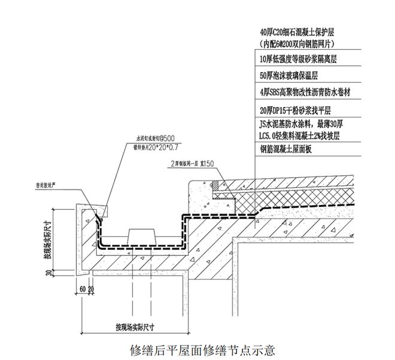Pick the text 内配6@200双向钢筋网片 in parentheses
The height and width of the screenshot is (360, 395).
click(x=297, y=44)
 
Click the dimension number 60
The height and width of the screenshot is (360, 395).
click(x=82, y=289)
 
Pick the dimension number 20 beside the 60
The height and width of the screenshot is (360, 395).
click(x=92, y=289)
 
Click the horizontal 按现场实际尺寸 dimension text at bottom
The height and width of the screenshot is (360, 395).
click(x=135, y=327)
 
